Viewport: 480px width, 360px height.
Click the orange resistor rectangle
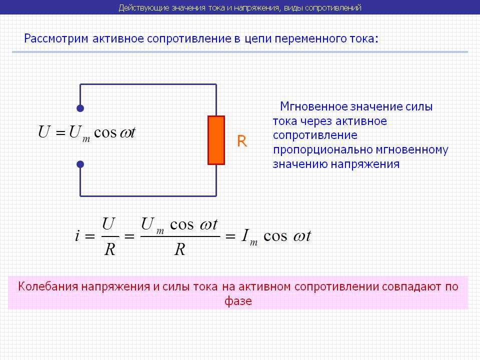216,140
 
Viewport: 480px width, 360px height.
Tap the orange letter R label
242,141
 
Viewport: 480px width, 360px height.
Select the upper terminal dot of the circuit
80,108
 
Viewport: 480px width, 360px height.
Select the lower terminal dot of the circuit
80,164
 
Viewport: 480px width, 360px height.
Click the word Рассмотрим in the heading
55,39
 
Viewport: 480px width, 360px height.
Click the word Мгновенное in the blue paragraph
314,106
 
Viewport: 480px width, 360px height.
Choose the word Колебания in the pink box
48,286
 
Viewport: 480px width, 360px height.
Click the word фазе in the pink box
238,301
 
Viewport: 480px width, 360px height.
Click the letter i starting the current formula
77,235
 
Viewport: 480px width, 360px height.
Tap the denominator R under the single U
109,249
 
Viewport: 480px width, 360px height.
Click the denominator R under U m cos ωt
179,249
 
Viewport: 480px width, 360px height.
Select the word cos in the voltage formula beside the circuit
105,133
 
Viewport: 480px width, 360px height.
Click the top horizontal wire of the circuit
148,84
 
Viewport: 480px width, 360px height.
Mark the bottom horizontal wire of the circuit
148,196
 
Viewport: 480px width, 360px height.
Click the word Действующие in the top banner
143,7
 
